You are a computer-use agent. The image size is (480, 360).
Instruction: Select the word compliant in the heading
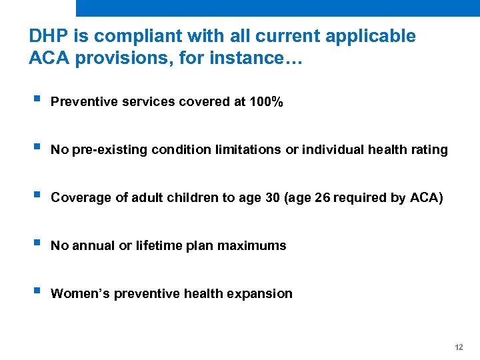[x=129, y=36]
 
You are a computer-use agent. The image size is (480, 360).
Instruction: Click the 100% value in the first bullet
[x=265, y=102]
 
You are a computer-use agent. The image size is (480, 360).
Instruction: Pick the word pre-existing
[x=107, y=150]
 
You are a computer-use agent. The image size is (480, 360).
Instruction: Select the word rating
[x=429, y=150]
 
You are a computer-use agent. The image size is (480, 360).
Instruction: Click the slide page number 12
[x=458, y=348]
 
